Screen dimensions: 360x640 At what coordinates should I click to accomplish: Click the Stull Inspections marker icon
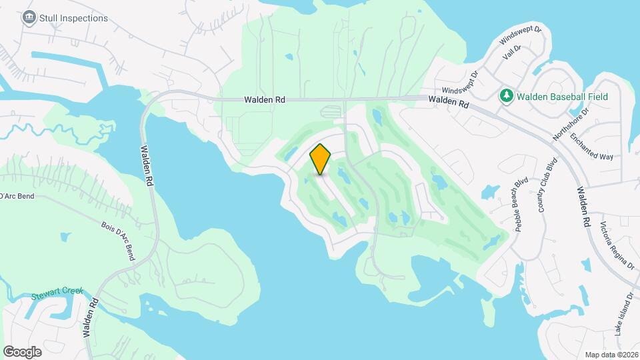29,18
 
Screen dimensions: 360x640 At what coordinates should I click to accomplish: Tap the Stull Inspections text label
73,18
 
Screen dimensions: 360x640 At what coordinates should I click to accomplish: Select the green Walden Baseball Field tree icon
507,97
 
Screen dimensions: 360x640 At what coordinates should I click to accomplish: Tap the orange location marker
320,159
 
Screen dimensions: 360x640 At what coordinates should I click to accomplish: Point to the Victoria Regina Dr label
617,245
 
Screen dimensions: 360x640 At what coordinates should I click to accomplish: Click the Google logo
22,352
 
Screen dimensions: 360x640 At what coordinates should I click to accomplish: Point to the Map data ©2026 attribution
610,355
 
